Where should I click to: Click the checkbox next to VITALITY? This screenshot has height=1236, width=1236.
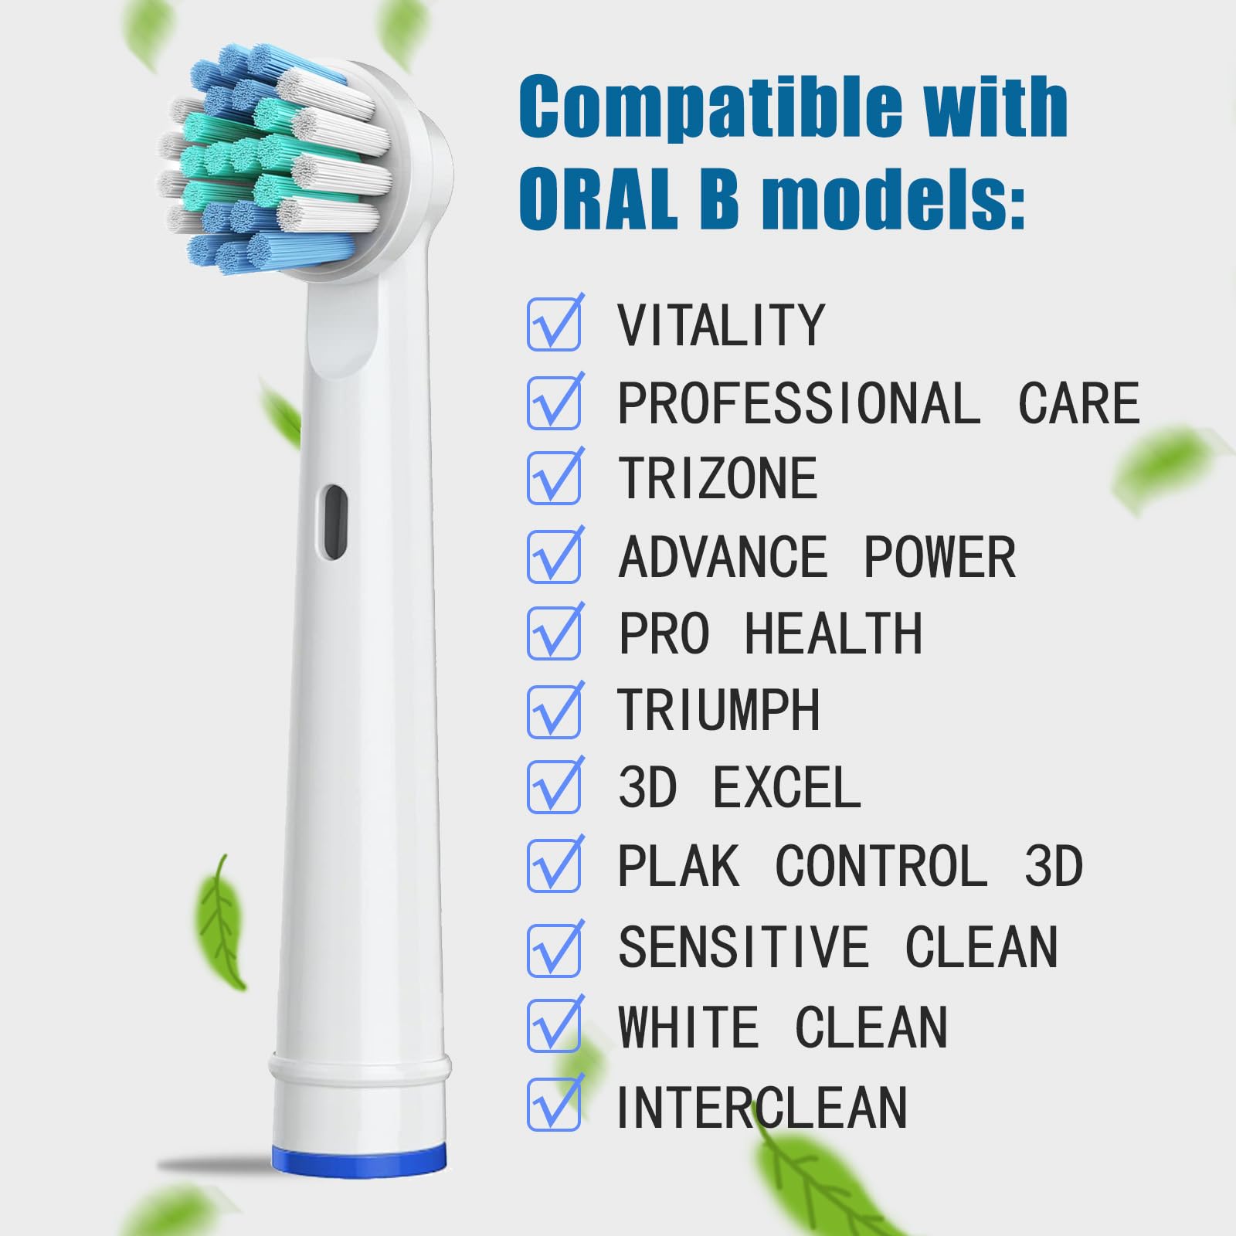(554, 324)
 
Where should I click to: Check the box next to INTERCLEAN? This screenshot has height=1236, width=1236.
(554, 1104)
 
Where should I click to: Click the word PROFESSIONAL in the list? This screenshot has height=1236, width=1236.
(800, 403)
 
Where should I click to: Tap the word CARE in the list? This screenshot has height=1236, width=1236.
(1079, 403)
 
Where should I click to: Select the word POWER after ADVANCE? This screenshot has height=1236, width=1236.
(939, 557)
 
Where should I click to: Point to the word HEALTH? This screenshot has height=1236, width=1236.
(834, 633)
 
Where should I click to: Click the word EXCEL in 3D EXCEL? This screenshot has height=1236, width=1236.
(786, 788)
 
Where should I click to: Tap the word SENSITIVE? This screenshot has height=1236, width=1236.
(744, 947)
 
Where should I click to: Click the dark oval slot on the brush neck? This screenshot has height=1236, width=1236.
(334, 522)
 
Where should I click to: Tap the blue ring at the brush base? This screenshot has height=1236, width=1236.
(359, 1161)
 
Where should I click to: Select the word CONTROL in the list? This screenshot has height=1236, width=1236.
(881, 866)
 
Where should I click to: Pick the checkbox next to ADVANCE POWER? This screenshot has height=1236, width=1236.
(554, 556)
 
